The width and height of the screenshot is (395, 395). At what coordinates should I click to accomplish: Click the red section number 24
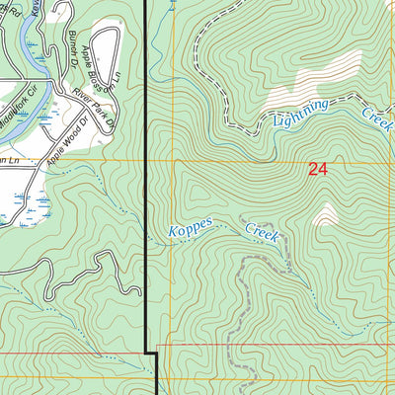click(x=317, y=169)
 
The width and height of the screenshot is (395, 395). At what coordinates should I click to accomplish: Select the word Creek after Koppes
click(x=263, y=232)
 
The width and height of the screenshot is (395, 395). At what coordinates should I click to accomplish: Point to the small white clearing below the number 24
click(x=325, y=215)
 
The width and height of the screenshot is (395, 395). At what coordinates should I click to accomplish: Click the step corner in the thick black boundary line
click(x=152, y=351)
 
